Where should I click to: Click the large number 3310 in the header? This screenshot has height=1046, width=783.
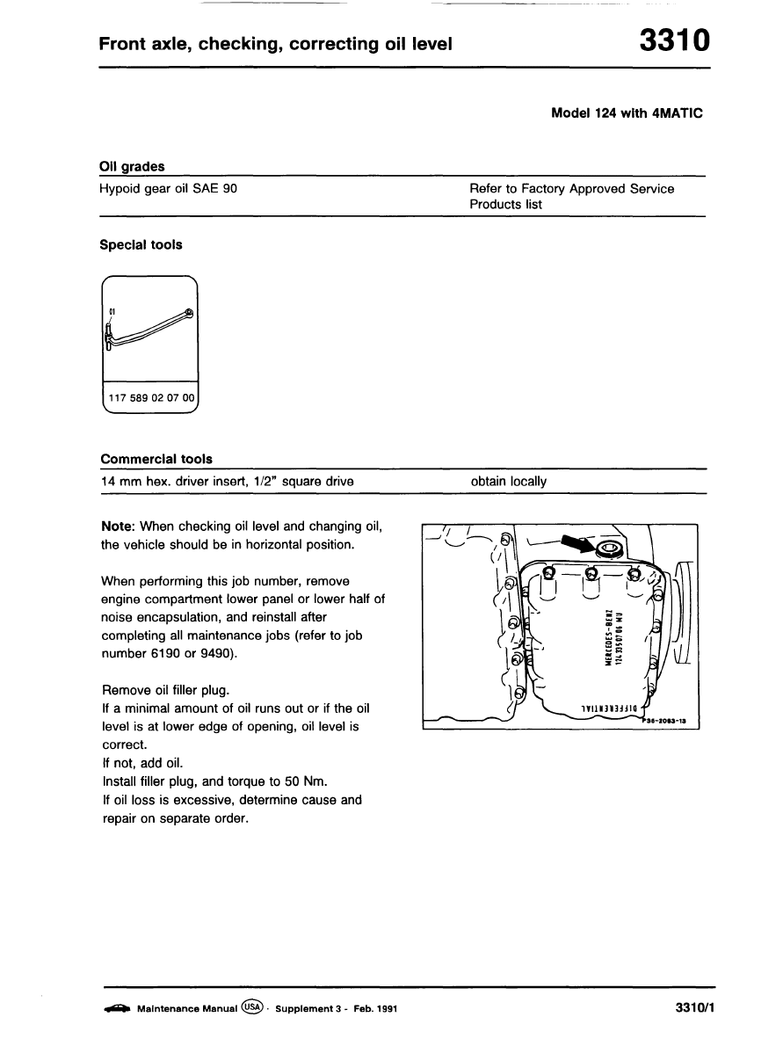(673, 41)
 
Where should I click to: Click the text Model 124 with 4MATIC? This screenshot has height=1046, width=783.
(627, 113)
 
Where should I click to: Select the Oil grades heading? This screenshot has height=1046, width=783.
(132, 166)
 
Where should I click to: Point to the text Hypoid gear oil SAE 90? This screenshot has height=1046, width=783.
(169, 188)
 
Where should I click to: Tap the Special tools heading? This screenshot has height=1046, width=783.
(141, 245)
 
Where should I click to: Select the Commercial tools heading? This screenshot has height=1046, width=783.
(156, 459)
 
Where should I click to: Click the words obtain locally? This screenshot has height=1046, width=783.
(508, 482)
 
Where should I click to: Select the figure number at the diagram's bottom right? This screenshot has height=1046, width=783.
(665, 720)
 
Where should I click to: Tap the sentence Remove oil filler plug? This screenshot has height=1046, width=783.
(166, 690)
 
